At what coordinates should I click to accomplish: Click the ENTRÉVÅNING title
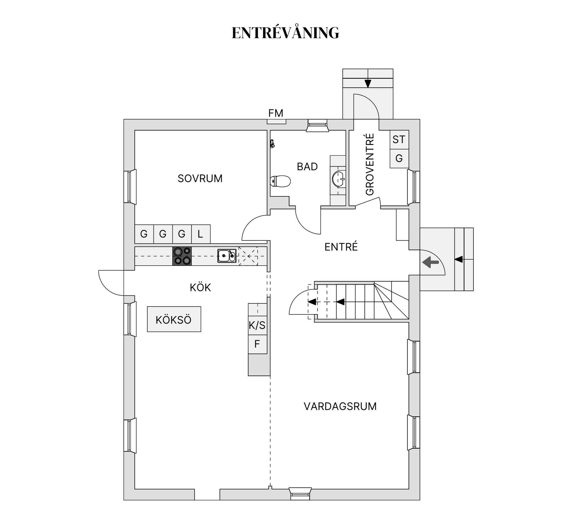tap(285, 33)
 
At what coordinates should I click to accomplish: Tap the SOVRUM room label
tap(200, 178)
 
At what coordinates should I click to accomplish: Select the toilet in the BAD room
tap(280, 181)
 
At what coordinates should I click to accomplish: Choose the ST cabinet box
tap(399, 140)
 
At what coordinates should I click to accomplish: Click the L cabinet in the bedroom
tap(200, 234)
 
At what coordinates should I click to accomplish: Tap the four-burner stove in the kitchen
tap(182, 256)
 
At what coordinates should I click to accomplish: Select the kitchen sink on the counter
tap(227, 256)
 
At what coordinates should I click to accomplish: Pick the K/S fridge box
tap(257, 325)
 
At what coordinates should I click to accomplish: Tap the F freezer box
tap(257, 344)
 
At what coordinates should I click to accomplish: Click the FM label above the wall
tap(276, 113)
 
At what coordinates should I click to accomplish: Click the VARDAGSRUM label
tap(340, 406)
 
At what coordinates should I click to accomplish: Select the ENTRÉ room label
tap(341, 247)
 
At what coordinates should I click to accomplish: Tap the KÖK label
tap(200, 288)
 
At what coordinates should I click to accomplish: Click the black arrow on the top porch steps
tap(368, 83)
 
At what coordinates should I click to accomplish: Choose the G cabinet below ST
tap(399, 158)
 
